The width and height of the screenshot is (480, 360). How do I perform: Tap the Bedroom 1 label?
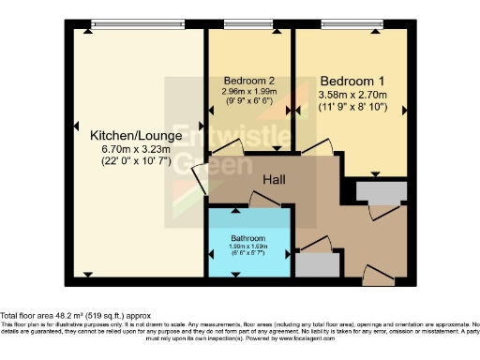[352, 81]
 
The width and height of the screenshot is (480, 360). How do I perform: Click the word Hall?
[274, 179]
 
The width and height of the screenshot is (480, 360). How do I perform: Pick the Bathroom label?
[248, 238]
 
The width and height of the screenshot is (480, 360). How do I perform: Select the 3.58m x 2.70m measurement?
[352, 95]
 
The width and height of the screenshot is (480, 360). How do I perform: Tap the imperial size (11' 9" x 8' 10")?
[352, 109]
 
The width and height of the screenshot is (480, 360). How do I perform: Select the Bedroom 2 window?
[248, 22]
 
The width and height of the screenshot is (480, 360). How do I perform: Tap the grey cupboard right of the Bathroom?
[319, 264]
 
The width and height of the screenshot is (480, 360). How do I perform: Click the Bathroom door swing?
[262, 198]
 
